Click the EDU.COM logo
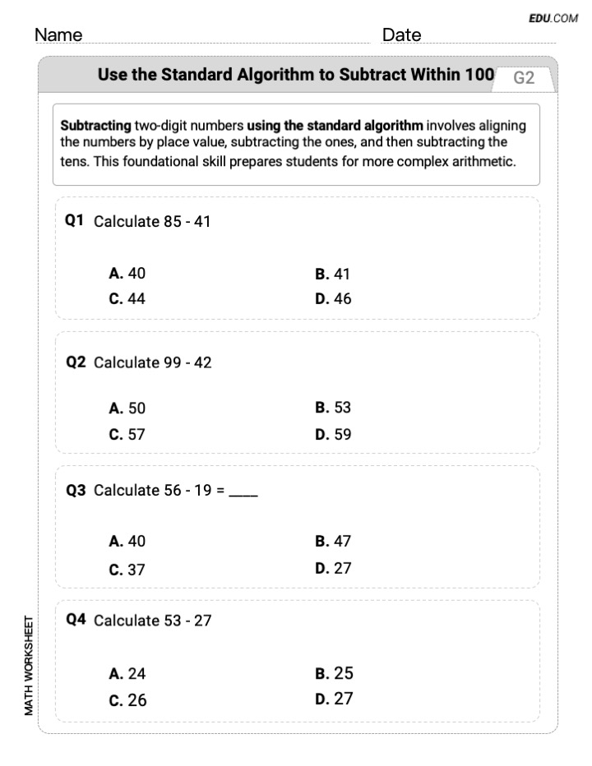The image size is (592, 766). (x=554, y=17)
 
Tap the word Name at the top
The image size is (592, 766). (x=58, y=35)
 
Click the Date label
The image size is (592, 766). (x=401, y=35)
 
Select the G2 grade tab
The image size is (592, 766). (x=524, y=78)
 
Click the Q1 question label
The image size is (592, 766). (x=76, y=220)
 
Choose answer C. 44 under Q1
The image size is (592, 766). (x=127, y=299)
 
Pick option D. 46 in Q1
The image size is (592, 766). (x=333, y=299)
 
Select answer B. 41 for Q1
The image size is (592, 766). (x=332, y=274)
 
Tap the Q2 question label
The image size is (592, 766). (x=76, y=362)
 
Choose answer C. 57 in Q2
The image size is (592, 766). (x=127, y=435)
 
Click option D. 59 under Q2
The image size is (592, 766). (x=333, y=435)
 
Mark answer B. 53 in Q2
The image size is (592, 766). (x=333, y=408)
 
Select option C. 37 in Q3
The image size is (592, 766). (x=127, y=569)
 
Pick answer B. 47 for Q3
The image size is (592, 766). (x=333, y=541)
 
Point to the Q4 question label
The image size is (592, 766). (x=76, y=620)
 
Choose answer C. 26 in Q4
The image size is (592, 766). (x=127, y=701)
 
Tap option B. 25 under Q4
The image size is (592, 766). (x=334, y=673)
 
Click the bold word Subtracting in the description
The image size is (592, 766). (x=96, y=126)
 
